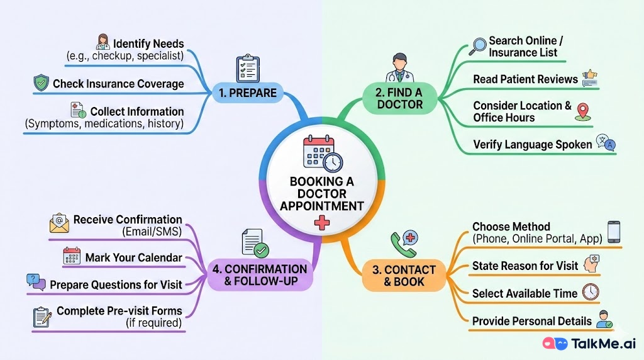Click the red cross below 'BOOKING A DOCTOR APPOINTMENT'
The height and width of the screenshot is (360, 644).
click(x=321, y=223)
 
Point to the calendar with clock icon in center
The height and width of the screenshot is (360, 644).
click(x=322, y=154)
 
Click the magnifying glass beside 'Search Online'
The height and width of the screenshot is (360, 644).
click(x=478, y=47)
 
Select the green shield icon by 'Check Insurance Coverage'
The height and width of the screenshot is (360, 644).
click(x=41, y=83)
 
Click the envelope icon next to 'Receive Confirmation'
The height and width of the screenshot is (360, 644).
click(x=59, y=224)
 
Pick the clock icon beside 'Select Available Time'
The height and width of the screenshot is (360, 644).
click(x=591, y=292)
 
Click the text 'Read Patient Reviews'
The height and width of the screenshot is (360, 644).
click(x=525, y=79)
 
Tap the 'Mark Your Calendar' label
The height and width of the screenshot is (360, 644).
click(x=133, y=257)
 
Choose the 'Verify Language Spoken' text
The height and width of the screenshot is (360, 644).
click(x=532, y=144)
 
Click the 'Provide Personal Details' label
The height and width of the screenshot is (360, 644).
click(x=531, y=321)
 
